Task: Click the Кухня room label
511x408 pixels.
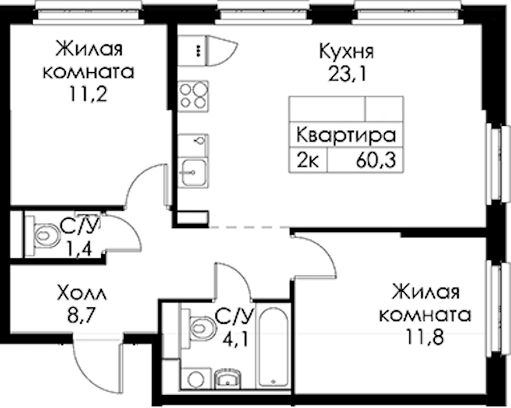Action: tap(347, 52)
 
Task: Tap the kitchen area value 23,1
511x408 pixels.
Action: tap(347, 74)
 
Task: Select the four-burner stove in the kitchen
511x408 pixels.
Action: tap(193, 96)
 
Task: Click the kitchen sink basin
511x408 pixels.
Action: tap(194, 172)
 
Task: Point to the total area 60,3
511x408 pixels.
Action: tap(376, 160)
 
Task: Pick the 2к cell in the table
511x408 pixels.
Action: tap(308, 160)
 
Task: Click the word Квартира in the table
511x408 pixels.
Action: tap(346, 135)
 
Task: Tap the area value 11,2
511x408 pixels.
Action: tap(88, 95)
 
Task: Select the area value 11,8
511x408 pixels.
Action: tap(425, 336)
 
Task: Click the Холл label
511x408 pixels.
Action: tap(82, 293)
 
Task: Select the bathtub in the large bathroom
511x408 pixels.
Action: tap(273, 347)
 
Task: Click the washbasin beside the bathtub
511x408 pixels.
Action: tap(228, 379)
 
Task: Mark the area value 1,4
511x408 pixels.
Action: tap(80, 250)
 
